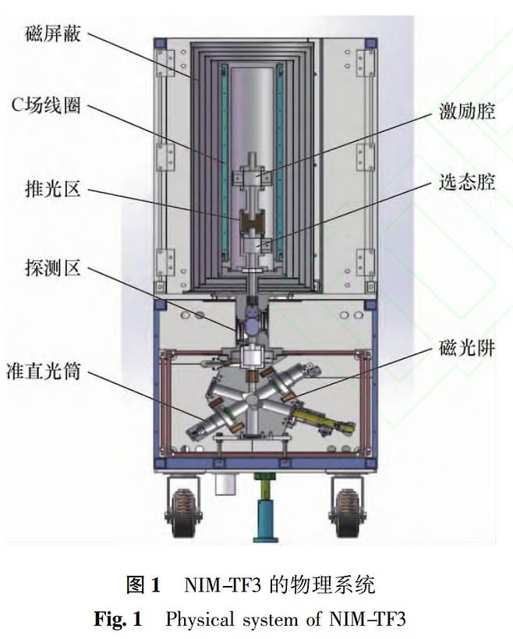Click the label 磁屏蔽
coord(53,34)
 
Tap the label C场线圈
coord(46,105)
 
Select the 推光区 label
coord(53,189)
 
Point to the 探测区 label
coord(53,268)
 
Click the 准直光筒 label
coord(44,371)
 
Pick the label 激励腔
coord(467,111)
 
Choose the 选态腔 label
coord(467,182)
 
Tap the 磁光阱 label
coord(467,349)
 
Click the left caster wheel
coord(183,513)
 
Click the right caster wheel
coord(347,513)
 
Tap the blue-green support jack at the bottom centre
coord(265,507)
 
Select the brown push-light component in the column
coord(253,221)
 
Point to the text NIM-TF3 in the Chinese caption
coord(222,586)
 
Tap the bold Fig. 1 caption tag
coord(118,619)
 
